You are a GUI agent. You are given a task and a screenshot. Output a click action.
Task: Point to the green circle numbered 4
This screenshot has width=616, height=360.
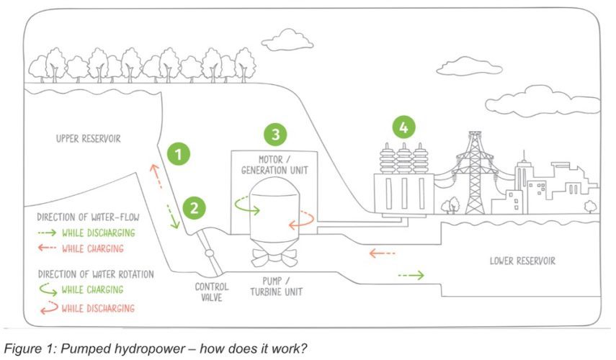404,127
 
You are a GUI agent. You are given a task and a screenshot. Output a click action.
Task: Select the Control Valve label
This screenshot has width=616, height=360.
212,292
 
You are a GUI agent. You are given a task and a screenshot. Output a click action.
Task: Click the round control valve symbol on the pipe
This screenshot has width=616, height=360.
208,253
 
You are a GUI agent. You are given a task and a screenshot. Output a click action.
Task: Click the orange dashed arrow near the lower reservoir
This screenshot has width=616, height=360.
383,253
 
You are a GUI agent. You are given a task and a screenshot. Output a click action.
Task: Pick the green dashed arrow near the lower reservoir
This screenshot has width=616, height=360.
411,275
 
